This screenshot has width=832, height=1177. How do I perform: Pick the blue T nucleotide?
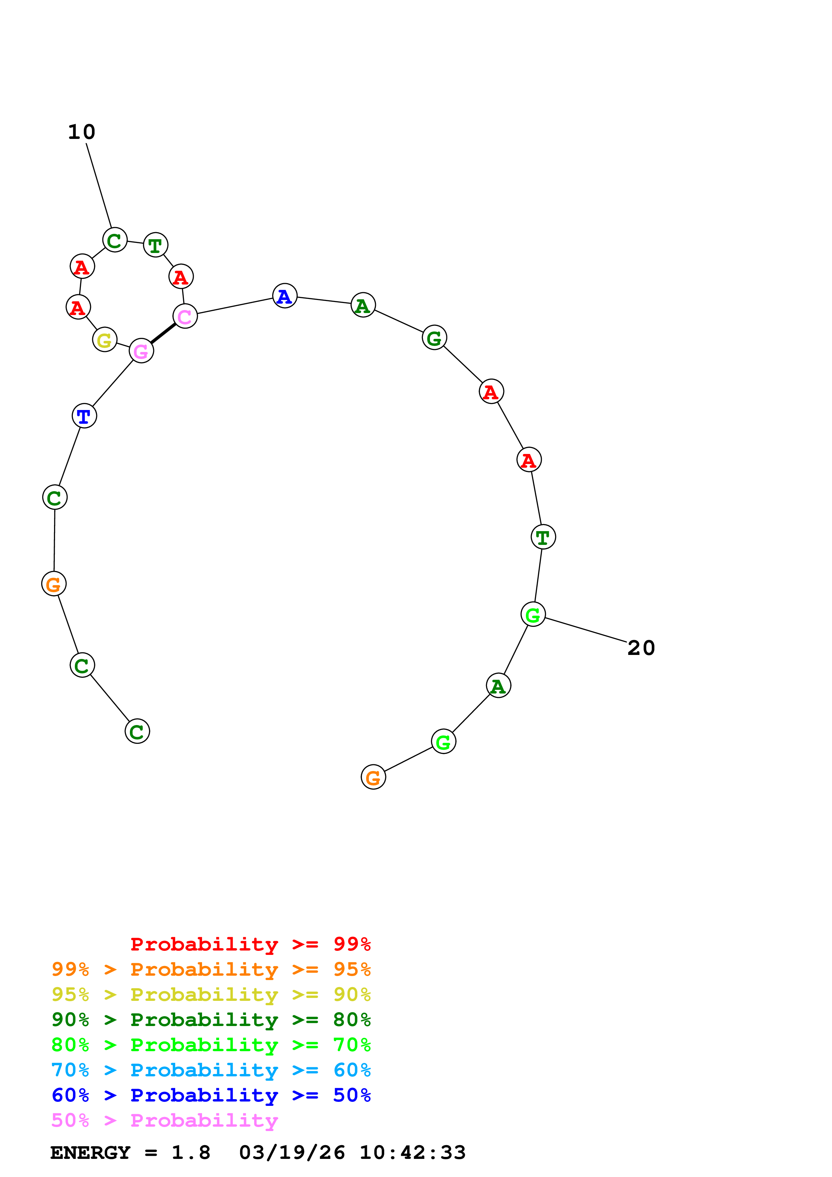point(84,415)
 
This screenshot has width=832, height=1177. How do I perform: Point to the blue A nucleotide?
point(285,296)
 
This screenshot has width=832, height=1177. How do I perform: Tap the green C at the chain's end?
point(137,731)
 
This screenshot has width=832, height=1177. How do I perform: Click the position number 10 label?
point(82,132)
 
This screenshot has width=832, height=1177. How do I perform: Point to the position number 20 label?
point(641,648)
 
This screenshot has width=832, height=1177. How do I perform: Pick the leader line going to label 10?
point(99,186)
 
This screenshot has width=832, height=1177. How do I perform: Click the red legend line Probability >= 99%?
point(250,944)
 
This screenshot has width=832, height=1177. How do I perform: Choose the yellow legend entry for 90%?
point(211,994)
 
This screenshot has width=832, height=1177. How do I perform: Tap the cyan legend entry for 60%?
point(211,1070)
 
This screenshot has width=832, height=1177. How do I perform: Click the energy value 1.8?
point(191,1153)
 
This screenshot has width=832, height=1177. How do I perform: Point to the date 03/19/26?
point(292,1153)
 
